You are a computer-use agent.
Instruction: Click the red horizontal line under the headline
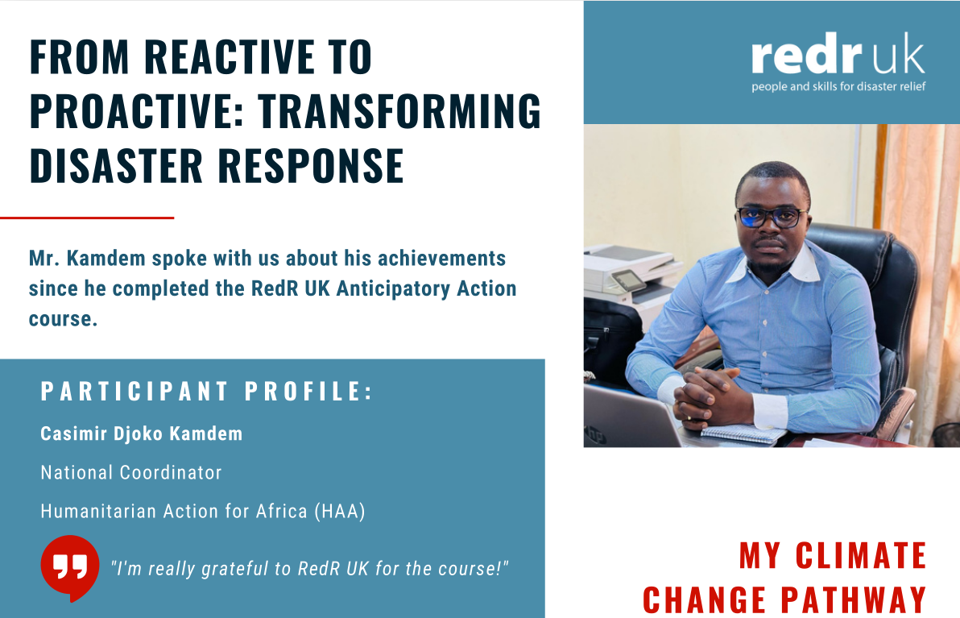pos(87,218)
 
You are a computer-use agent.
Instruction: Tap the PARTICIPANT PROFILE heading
pos(207,392)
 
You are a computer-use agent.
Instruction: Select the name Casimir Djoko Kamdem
pos(141,434)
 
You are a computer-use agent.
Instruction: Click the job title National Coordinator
pos(130,472)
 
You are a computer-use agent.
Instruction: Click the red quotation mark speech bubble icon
pos(70,566)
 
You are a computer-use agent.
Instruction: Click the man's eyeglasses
pos(771,217)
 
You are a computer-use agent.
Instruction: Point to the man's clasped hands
pos(705,392)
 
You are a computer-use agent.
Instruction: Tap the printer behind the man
pos(628,278)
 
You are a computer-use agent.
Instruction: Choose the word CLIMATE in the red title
pos(861,556)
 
